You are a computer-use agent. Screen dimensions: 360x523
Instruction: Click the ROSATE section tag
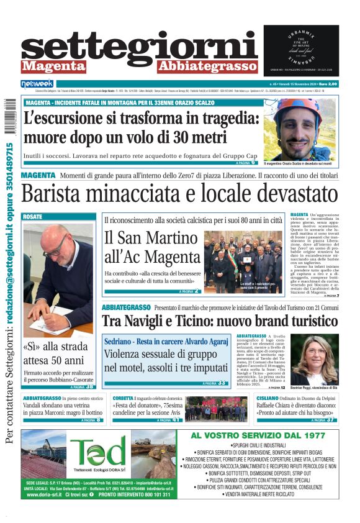[x=32, y=217]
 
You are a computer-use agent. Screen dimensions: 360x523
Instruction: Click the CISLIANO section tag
[x=268, y=398]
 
